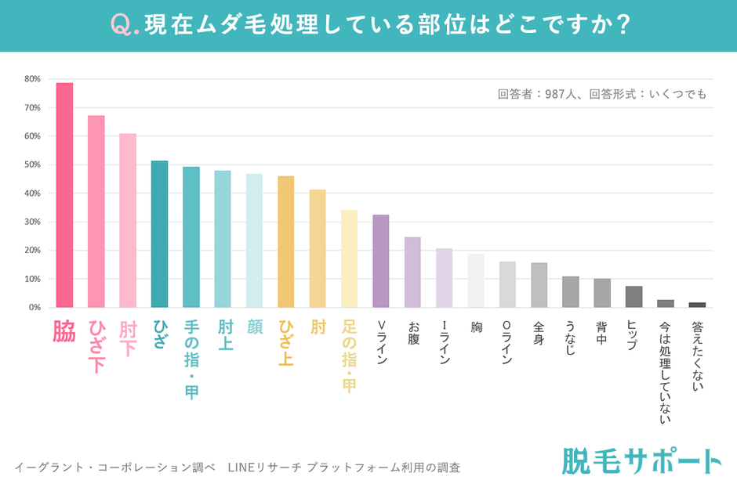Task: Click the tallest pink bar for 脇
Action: point(64,196)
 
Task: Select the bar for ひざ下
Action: point(96,211)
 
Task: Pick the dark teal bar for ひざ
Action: point(159,234)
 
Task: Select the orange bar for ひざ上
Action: point(286,242)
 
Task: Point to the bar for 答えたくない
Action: point(697,305)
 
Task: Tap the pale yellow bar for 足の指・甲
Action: point(350,258)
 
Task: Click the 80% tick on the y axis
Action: point(32,79)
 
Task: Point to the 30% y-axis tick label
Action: point(32,222)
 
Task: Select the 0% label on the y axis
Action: point(34,308)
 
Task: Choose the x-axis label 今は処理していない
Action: point(666,372)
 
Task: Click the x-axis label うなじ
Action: point(571,338)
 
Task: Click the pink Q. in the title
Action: point(125,25)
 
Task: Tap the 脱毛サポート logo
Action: point(641,461)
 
